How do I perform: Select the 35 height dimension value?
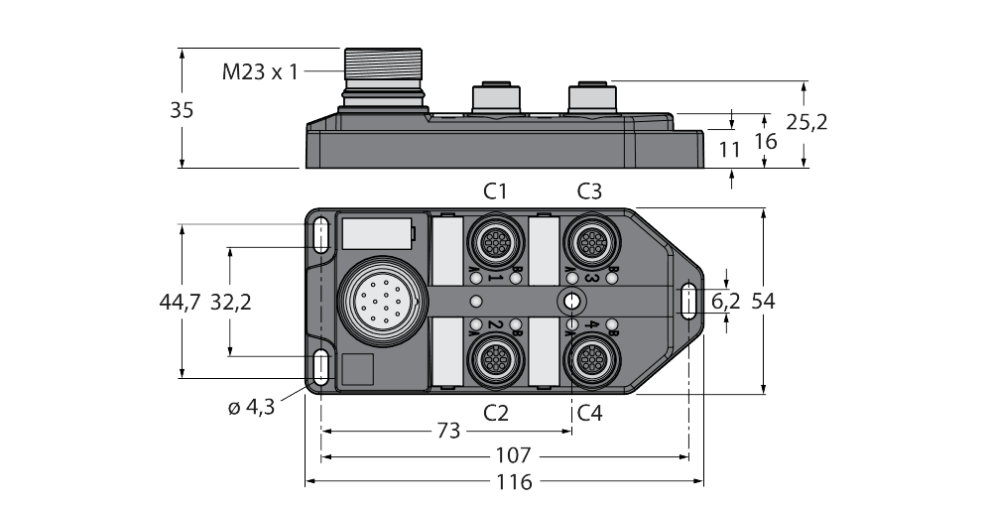182,111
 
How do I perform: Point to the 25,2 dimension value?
806,122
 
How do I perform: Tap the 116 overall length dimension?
514,482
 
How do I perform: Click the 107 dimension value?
514,456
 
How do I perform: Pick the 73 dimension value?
448,431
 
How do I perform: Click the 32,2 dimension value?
230,302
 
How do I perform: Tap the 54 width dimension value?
762,302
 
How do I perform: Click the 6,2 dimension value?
725,302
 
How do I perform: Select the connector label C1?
495,190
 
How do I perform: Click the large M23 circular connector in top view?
375,300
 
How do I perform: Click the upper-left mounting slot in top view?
319,234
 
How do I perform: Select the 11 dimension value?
730,151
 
